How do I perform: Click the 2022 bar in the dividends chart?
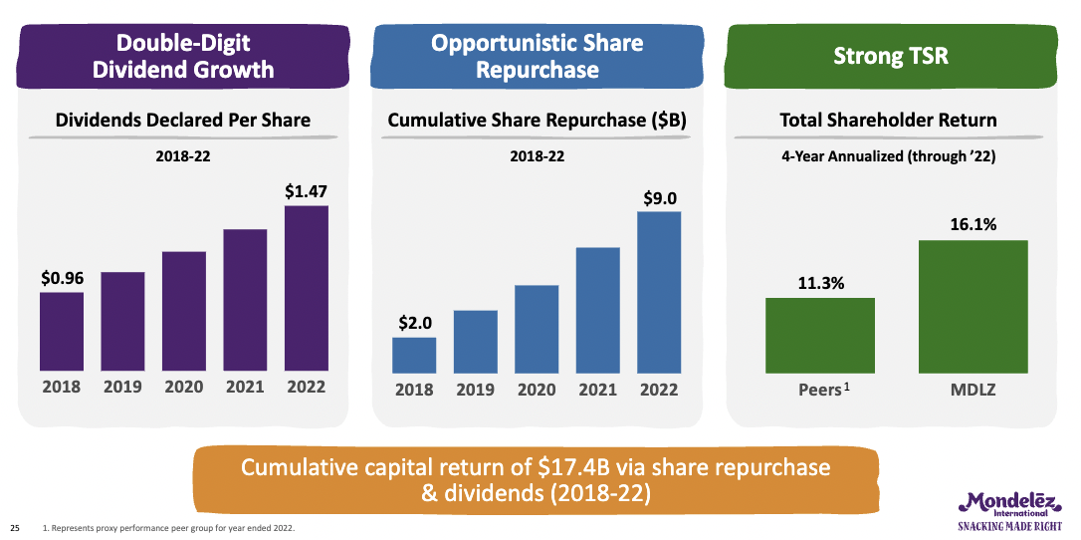point(306,289)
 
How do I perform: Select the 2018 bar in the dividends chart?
point(62,332)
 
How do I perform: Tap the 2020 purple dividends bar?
point(183,311)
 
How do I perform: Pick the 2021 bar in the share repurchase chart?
point(597,309)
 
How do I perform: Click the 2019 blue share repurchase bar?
point(475,341)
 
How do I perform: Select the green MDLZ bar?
point(973,306)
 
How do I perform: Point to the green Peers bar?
point(819,335)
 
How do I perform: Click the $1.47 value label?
point(306,189)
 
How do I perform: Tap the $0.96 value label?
point(62,278)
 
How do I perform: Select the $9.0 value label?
point(659,196)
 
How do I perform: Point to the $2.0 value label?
point(414,323)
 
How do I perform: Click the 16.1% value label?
point(973,225)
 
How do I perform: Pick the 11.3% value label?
point(820,283)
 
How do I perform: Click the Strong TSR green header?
point(890,56)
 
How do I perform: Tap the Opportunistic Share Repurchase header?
point(538,56)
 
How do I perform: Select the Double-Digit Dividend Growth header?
point(183,56)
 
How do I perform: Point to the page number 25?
point(15,527)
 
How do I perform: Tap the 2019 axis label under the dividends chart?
point(122,387)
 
